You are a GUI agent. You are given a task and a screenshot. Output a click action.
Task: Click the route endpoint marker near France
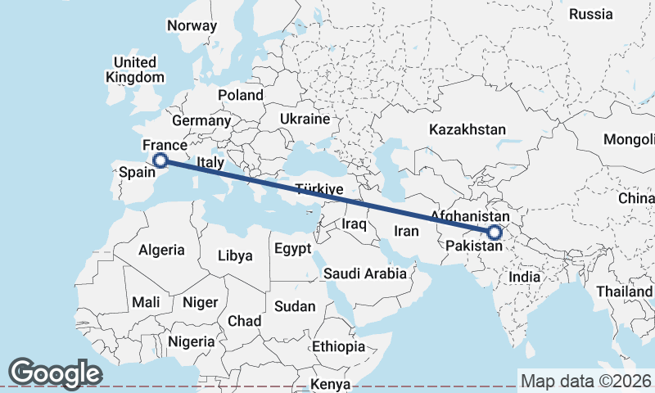(x=160, y=160)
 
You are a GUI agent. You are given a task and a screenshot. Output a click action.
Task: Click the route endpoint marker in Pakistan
(x=494, y=233)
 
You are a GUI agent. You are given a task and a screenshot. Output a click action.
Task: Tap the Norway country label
(x=192, y=25)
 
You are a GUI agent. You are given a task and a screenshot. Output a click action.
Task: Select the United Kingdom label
(x=135, y=70)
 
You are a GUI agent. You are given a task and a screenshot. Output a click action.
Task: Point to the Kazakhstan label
(x=468, y=129)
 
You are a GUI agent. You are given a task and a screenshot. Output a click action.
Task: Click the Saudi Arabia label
(x=365, y=273)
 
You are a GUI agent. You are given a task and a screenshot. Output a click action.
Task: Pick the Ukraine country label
(x=305, y=119)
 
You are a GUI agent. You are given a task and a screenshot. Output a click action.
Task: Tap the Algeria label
(x=161, y=250)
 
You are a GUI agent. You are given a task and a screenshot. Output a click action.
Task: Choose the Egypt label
(x=292, y=248)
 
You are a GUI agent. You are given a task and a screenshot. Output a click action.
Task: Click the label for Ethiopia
(x=338, y=346)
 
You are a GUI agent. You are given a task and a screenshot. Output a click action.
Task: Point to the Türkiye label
(x=318, y=189)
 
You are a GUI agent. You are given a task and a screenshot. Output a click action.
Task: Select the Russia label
(x=590, y=14)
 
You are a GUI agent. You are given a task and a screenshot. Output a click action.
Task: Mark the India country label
(x=524, y=277)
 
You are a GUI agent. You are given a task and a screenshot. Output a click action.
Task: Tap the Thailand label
(x=624, y=291)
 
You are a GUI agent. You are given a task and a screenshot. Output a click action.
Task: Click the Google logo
(x=55, y=373)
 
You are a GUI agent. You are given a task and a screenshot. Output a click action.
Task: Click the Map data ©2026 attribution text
(x=586, y=381)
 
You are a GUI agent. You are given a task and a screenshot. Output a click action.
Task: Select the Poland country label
(x=241, y=95)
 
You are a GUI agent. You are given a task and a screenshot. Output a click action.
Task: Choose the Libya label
(x=235, y=255)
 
